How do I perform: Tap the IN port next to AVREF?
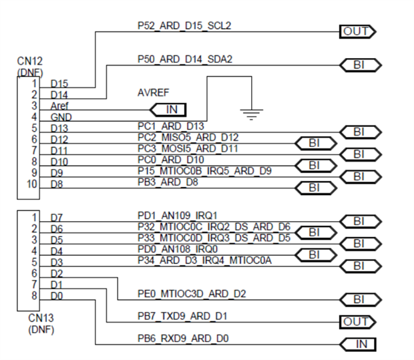click(168, 109)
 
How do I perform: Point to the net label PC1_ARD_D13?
click(171, 126)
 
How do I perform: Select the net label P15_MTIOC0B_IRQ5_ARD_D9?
click(200, 171)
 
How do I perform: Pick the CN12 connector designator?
click(29, 61)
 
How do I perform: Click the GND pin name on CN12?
click(61, 118)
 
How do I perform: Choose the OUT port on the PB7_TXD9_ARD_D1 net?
click(355, 322)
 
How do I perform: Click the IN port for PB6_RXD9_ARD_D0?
click(358, 345)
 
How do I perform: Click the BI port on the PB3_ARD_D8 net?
click(315, 188)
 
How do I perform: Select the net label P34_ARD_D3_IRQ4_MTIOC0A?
click(204, 260)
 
